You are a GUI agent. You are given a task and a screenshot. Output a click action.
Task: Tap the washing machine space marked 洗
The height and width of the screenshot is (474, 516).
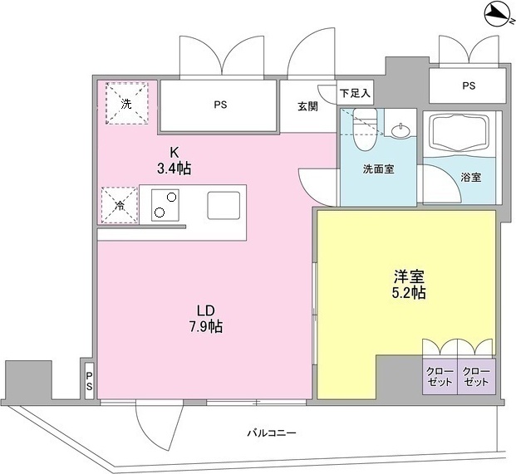point(125,104)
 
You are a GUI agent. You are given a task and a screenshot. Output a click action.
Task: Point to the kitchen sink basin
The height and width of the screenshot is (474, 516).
point(223,204)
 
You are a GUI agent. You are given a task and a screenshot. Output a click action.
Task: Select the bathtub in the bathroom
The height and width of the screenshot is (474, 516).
point(462,133)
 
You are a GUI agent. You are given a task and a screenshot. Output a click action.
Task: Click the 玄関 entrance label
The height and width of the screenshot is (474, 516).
point(307,105)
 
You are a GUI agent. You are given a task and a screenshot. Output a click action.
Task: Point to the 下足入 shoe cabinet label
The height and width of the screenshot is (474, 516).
point(356,94)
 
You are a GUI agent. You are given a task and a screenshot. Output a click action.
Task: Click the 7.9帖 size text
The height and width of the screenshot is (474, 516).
point(205,326)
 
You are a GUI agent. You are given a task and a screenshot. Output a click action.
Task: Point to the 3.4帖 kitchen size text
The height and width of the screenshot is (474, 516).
point(174,169)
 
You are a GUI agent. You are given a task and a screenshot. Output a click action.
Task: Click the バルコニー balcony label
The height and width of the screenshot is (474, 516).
point(272,432)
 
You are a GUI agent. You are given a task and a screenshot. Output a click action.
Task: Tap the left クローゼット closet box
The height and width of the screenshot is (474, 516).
point(440,376)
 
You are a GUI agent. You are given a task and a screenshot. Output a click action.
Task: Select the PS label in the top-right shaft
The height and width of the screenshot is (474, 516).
point(469,86)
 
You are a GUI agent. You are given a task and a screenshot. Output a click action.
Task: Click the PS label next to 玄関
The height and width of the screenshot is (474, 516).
point(220,105)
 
